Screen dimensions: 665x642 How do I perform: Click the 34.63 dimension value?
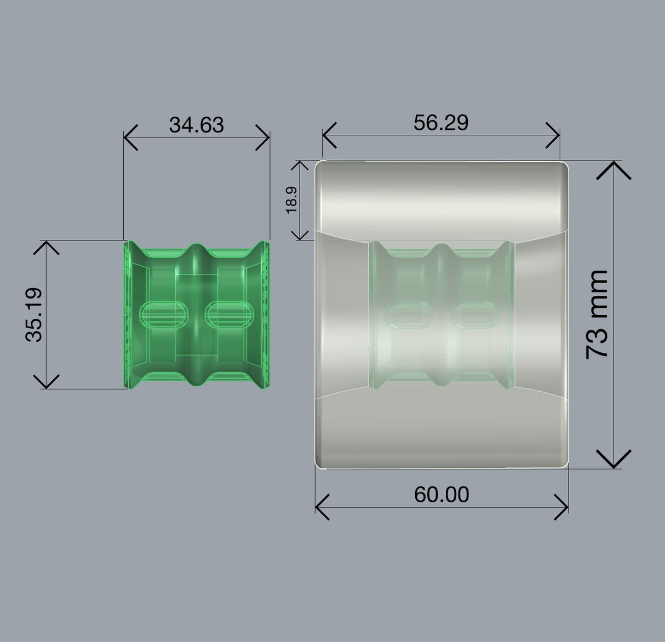[x=197, y=125]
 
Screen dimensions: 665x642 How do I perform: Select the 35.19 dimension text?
[x=34, y=314]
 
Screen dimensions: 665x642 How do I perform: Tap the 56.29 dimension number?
[x=441, y=123]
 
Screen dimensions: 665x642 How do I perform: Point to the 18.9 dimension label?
[x=291, y=200]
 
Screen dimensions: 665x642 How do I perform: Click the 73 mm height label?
[x=597, y=314]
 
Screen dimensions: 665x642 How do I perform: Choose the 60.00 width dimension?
[x=442, y=495]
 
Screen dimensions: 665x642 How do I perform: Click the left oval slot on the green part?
[x=164, y=314]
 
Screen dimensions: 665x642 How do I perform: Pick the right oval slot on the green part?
[x=230, y=314]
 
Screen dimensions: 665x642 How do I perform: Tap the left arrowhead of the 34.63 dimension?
[x=130, y=137]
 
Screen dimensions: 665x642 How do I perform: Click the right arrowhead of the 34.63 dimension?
[x=262, y=137]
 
